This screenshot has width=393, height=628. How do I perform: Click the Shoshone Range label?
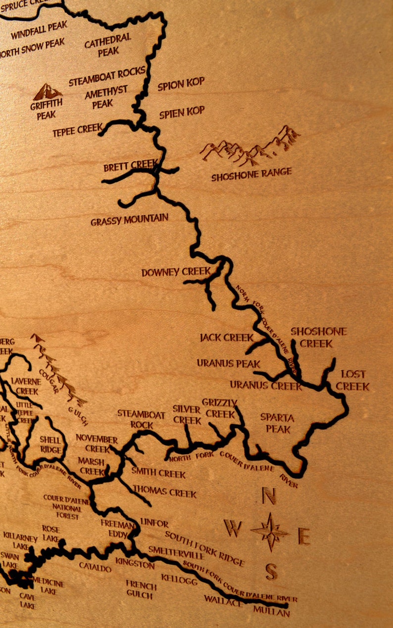[251, 174]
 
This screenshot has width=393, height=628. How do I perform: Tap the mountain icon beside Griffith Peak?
[48, 92]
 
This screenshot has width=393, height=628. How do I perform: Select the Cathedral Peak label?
[108, 45]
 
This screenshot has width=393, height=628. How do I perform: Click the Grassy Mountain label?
[129, 219]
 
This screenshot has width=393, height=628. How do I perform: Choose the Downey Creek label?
[176, 272]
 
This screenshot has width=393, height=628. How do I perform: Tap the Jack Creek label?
[227, 338]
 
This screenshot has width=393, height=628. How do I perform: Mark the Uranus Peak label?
[229, 363]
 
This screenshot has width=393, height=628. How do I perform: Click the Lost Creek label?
[353, 380]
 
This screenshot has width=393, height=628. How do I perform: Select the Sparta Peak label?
[278, 423]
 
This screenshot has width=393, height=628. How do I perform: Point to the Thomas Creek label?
[164, 492]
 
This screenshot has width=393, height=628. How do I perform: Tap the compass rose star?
[270, 532]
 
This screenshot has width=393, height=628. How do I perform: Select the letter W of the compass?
[233, 529]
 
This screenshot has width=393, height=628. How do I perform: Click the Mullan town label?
[272, 613]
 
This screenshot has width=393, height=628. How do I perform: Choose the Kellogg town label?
[179, 579]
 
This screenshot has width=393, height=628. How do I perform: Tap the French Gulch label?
[141, 589]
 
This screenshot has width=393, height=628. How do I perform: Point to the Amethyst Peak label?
[105, 98]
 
